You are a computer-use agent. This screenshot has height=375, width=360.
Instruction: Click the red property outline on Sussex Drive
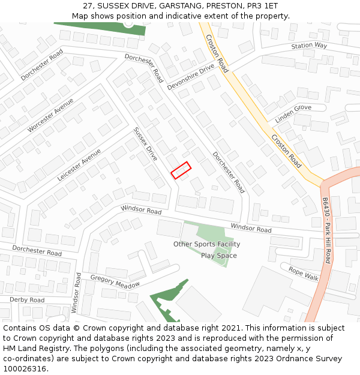tap(181, 170)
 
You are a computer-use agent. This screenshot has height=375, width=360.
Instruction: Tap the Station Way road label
tap(309, 46)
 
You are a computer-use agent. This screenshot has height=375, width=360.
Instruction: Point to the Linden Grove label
tap(293, 114)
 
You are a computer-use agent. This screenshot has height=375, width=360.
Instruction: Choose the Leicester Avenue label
tap(79, 165)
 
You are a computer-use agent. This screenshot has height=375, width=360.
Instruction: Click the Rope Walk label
tap(304, 273)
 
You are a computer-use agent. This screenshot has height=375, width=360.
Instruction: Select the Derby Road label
tap(27, 299)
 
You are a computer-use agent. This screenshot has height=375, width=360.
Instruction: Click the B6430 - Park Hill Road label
tap(326, 230)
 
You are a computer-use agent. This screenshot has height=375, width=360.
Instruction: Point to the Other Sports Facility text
tap(206, 244)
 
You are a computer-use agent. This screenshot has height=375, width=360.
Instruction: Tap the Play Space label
tap(218, 256)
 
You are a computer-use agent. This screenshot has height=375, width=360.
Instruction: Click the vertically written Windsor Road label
tap(76, 292)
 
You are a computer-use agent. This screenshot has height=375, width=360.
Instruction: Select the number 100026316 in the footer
tap(24, 369)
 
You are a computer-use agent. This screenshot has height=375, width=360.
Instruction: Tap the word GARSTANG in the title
tap(179, 5)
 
